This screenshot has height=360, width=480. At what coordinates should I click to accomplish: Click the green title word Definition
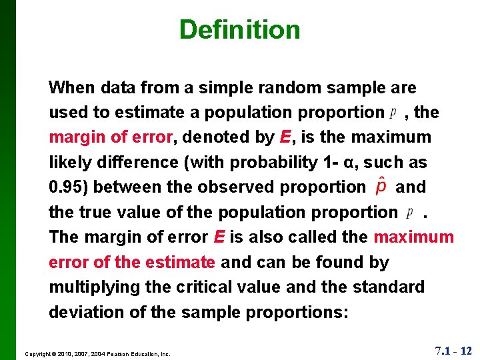click(239, 29)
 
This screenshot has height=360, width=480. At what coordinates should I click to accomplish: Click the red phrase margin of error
click(111, 137)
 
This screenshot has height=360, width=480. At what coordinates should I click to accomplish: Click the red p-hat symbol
click(381, 187)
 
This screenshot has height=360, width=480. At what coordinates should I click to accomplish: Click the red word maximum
click(413, 237)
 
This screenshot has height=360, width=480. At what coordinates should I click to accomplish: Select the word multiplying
click(93, 287)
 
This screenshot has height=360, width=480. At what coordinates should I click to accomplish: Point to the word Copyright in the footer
click(39, 353)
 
